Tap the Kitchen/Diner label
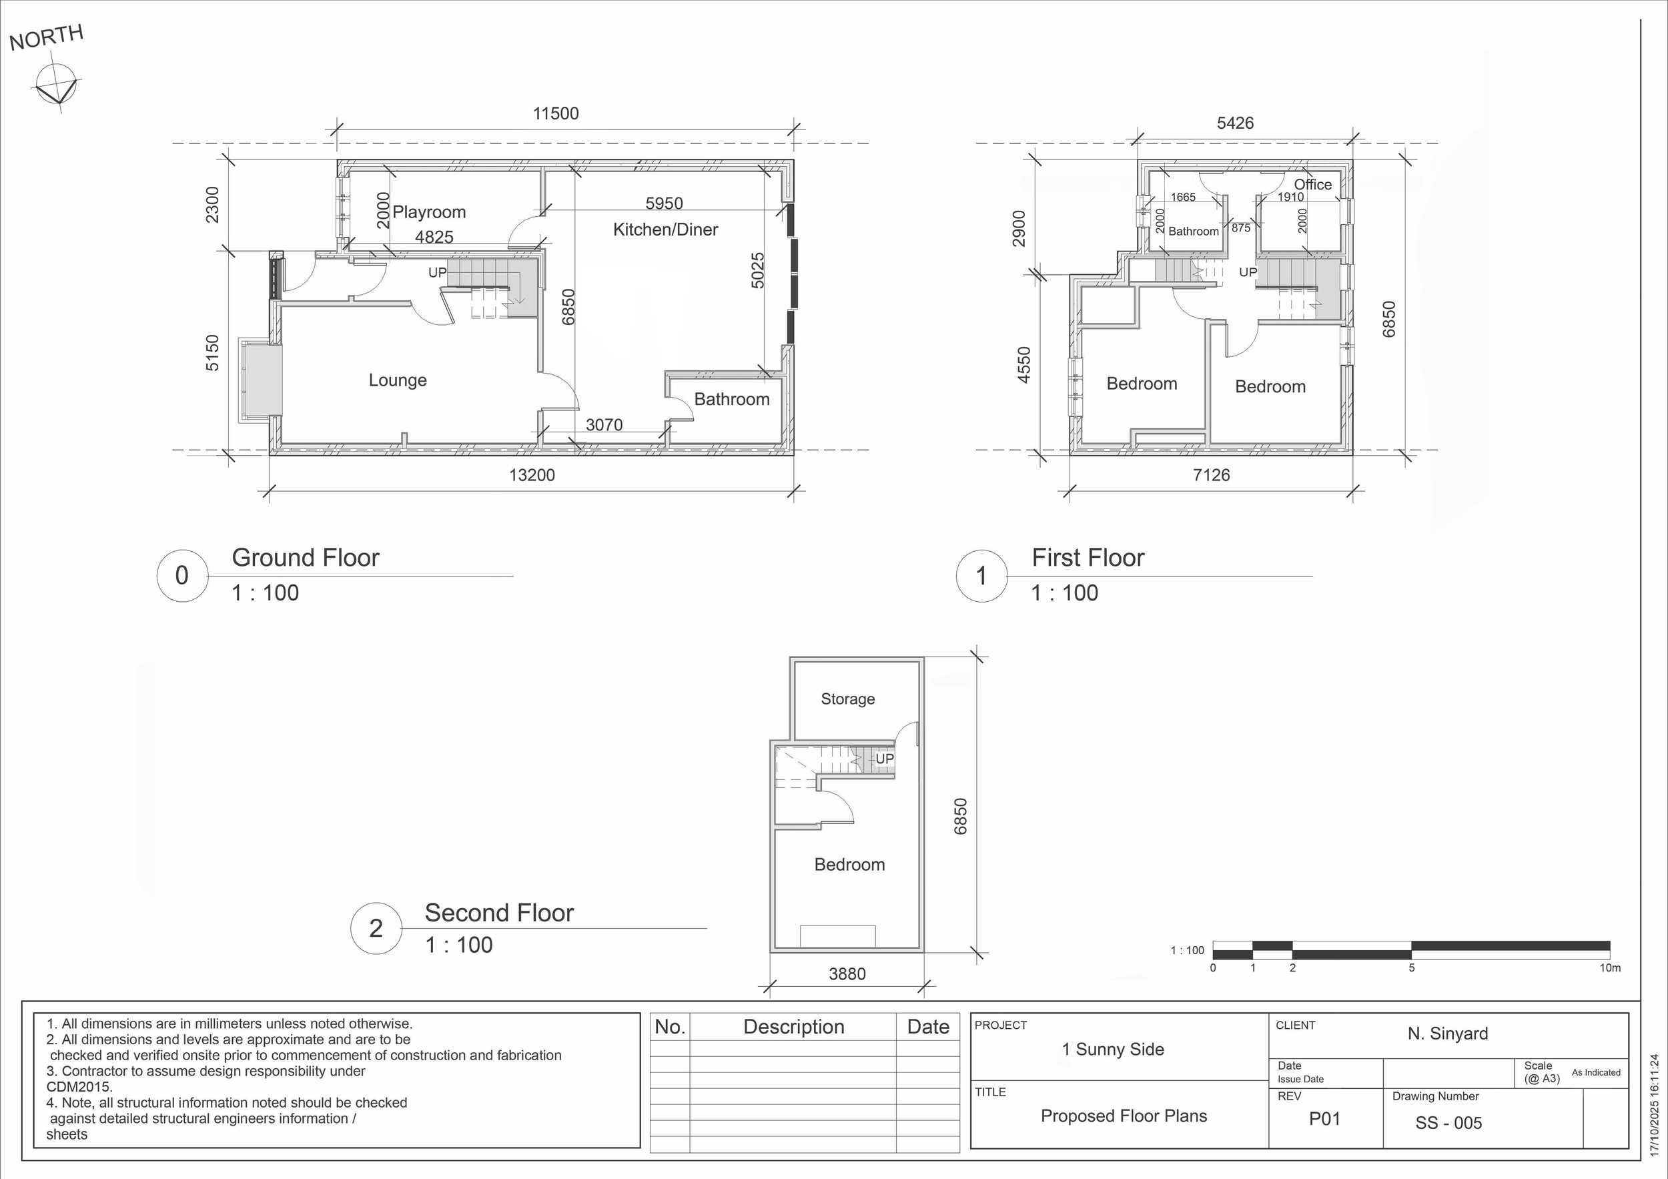coord(665,230)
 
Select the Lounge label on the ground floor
coord(398,380)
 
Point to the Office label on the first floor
coord(1313,185)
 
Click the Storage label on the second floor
coord(848,699)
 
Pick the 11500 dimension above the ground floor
coord(556,113)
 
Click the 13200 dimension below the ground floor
coord(532,475)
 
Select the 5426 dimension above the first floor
coord(1235,123)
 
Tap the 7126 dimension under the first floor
coord(1211,475)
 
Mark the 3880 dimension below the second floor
coord(847,974)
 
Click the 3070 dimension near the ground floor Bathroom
coord(604,425)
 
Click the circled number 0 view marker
coord(182,575)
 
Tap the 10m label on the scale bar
coord(1610,968)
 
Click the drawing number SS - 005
coord(1448,1122)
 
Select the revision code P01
coord(1324,1119)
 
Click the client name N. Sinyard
coord(1448,1034)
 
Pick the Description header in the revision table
coord(793,1027)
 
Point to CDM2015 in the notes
coord(80,1087)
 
